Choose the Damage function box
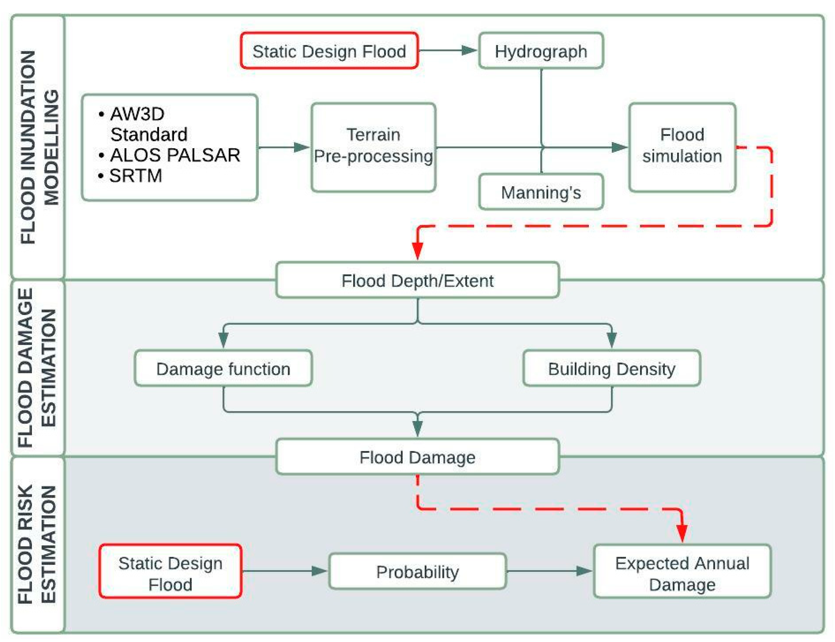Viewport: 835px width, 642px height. (x=223, y=368)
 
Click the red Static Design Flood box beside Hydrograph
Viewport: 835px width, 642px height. (x=329, y=51)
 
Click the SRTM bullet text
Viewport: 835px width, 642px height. (x=135, y=176)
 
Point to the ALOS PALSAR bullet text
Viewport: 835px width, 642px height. (x=175, y=155)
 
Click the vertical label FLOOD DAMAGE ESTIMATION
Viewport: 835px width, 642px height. (x=37, y=368)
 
